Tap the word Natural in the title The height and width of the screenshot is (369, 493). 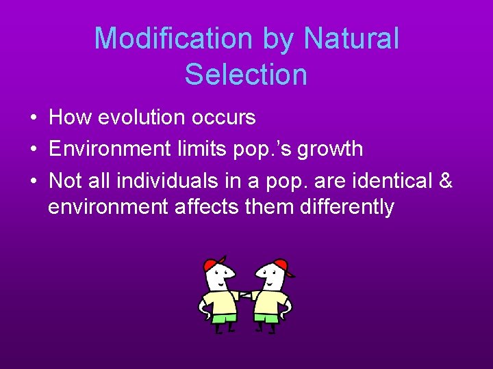coord(351,38)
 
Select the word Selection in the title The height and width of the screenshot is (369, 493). coord(246,74)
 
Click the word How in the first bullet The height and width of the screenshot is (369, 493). coord(71,118)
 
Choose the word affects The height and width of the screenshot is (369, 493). coord(209,206)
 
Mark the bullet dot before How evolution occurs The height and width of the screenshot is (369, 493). coord(34,118)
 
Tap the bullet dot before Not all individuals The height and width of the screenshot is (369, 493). coord(34,180)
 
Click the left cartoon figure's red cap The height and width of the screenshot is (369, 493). coord(214,264)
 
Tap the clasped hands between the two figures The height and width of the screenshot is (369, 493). coord(245,296)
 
